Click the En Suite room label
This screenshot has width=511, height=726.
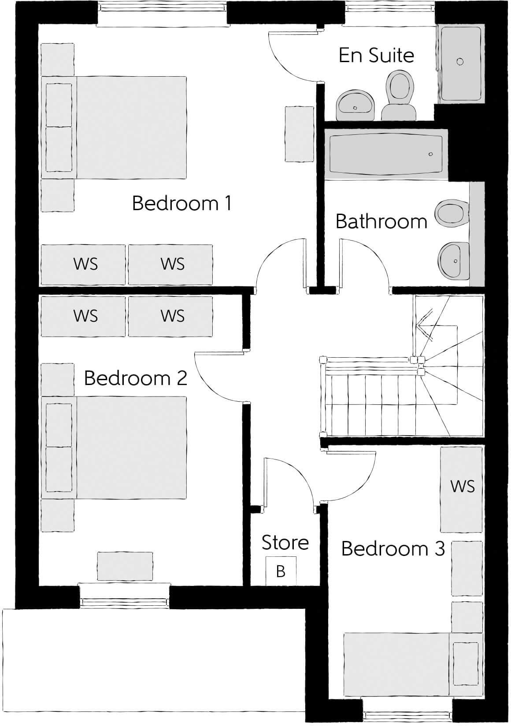tap(376, 56)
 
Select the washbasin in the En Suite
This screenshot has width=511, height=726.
tap(355, 105)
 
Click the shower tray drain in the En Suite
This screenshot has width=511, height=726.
tap(460, 61)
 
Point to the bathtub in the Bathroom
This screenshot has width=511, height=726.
tap(385, 154)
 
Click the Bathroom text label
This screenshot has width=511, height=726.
tap(381, 221)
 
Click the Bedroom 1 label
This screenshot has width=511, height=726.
tap(181, 204)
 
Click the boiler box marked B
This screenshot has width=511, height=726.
tap(281, 571)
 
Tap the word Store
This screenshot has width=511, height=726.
tap(285, 543)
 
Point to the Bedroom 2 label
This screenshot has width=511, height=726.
tap(136, 378)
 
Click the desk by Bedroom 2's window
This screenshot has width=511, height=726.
tap(125, 566)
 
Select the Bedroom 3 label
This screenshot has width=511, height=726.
tap(393, 549)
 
